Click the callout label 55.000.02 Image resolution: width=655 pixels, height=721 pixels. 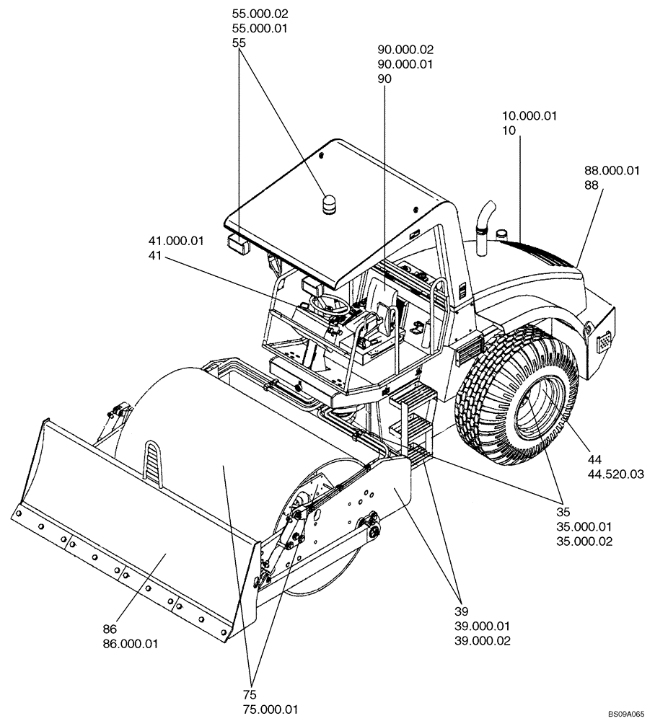(258, 14)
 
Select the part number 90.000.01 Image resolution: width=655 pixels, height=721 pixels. (405, 64)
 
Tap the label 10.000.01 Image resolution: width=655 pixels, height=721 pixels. (531, 115)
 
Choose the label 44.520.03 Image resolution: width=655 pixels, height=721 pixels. (616, 474)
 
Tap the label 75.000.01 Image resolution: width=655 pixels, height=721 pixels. (271, 709)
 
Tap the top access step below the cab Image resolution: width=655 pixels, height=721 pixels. (412, 396)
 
